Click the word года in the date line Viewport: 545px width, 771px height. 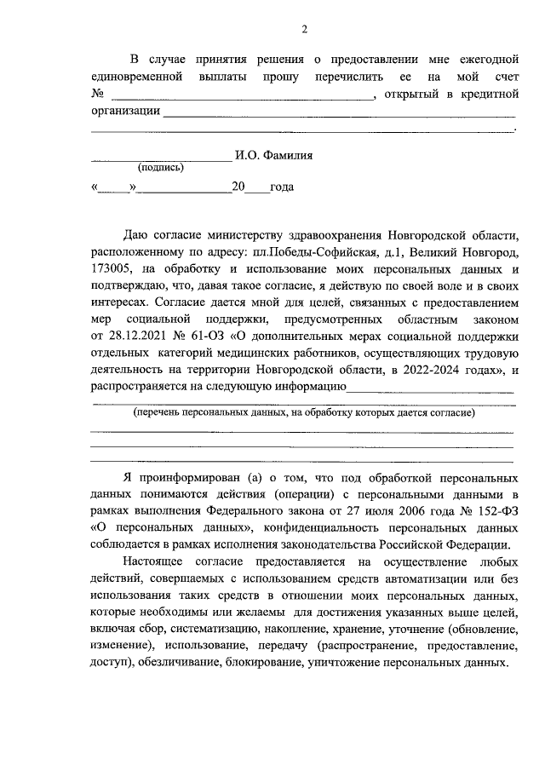click(x=281, y=187)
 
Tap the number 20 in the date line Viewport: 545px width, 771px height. click(x=239, y=187)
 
